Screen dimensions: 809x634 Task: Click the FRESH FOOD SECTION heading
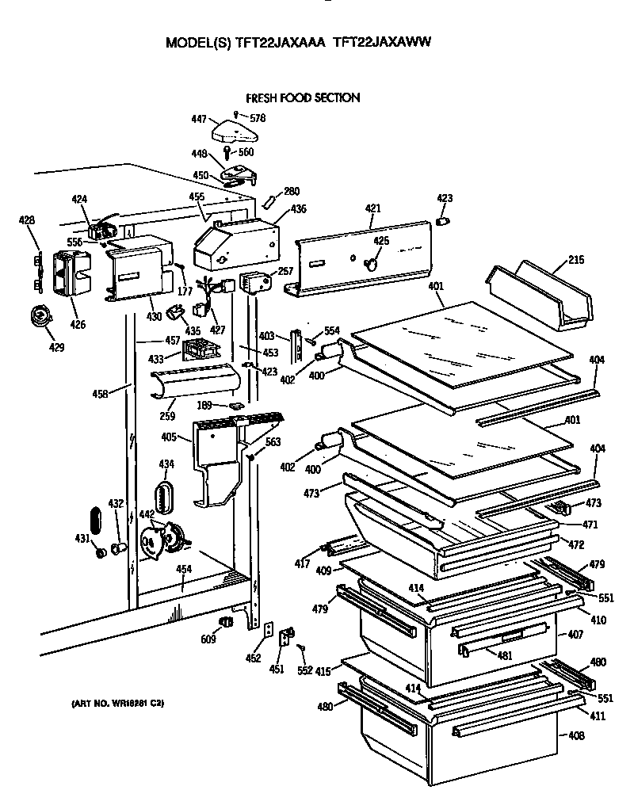(x=303, y=97)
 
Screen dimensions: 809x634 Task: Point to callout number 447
(x=199, y=119)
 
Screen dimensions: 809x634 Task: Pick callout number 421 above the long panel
(x=373, y=208)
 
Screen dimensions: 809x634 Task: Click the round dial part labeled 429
(x=38, y=317)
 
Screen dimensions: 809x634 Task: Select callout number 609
(x=207, y=639)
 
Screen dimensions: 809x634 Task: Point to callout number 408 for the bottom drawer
(x=576, y=736)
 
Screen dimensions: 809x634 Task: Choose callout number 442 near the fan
(x=147, y=514)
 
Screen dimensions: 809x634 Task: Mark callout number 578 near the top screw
(x=258, y=118)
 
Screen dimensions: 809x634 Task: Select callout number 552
(x=304, y=670)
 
